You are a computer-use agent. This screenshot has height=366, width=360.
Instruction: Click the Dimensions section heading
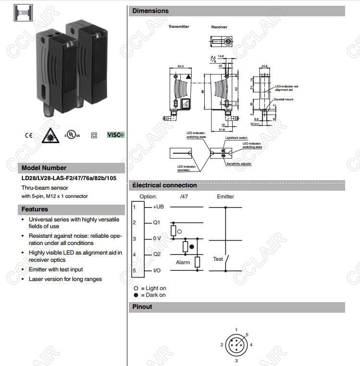(150, 11)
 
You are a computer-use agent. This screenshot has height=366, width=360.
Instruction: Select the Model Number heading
(44, 168)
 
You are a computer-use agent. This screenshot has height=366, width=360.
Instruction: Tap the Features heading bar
(35, 209)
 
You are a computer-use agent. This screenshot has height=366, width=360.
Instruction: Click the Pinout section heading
(142, 307)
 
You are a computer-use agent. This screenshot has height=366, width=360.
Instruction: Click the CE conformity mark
(29, 135)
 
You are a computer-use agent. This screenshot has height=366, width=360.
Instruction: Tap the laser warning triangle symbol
(50, 135)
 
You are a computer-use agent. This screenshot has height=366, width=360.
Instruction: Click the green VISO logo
(115, 135)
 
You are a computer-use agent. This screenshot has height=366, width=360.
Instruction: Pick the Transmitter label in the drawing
(178, 27)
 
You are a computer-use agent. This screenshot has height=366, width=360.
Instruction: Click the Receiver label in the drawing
(219, 27)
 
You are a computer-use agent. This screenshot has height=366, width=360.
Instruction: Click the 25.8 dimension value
(264, 66)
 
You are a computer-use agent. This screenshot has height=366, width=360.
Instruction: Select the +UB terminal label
(159, 207)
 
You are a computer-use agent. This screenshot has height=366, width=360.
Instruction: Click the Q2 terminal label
(157, 255)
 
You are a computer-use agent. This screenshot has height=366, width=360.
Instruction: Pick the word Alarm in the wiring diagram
(183, 263)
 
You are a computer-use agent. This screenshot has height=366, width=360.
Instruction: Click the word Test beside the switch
(218, 259)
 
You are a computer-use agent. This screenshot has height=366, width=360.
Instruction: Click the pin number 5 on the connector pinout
(247, 334)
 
